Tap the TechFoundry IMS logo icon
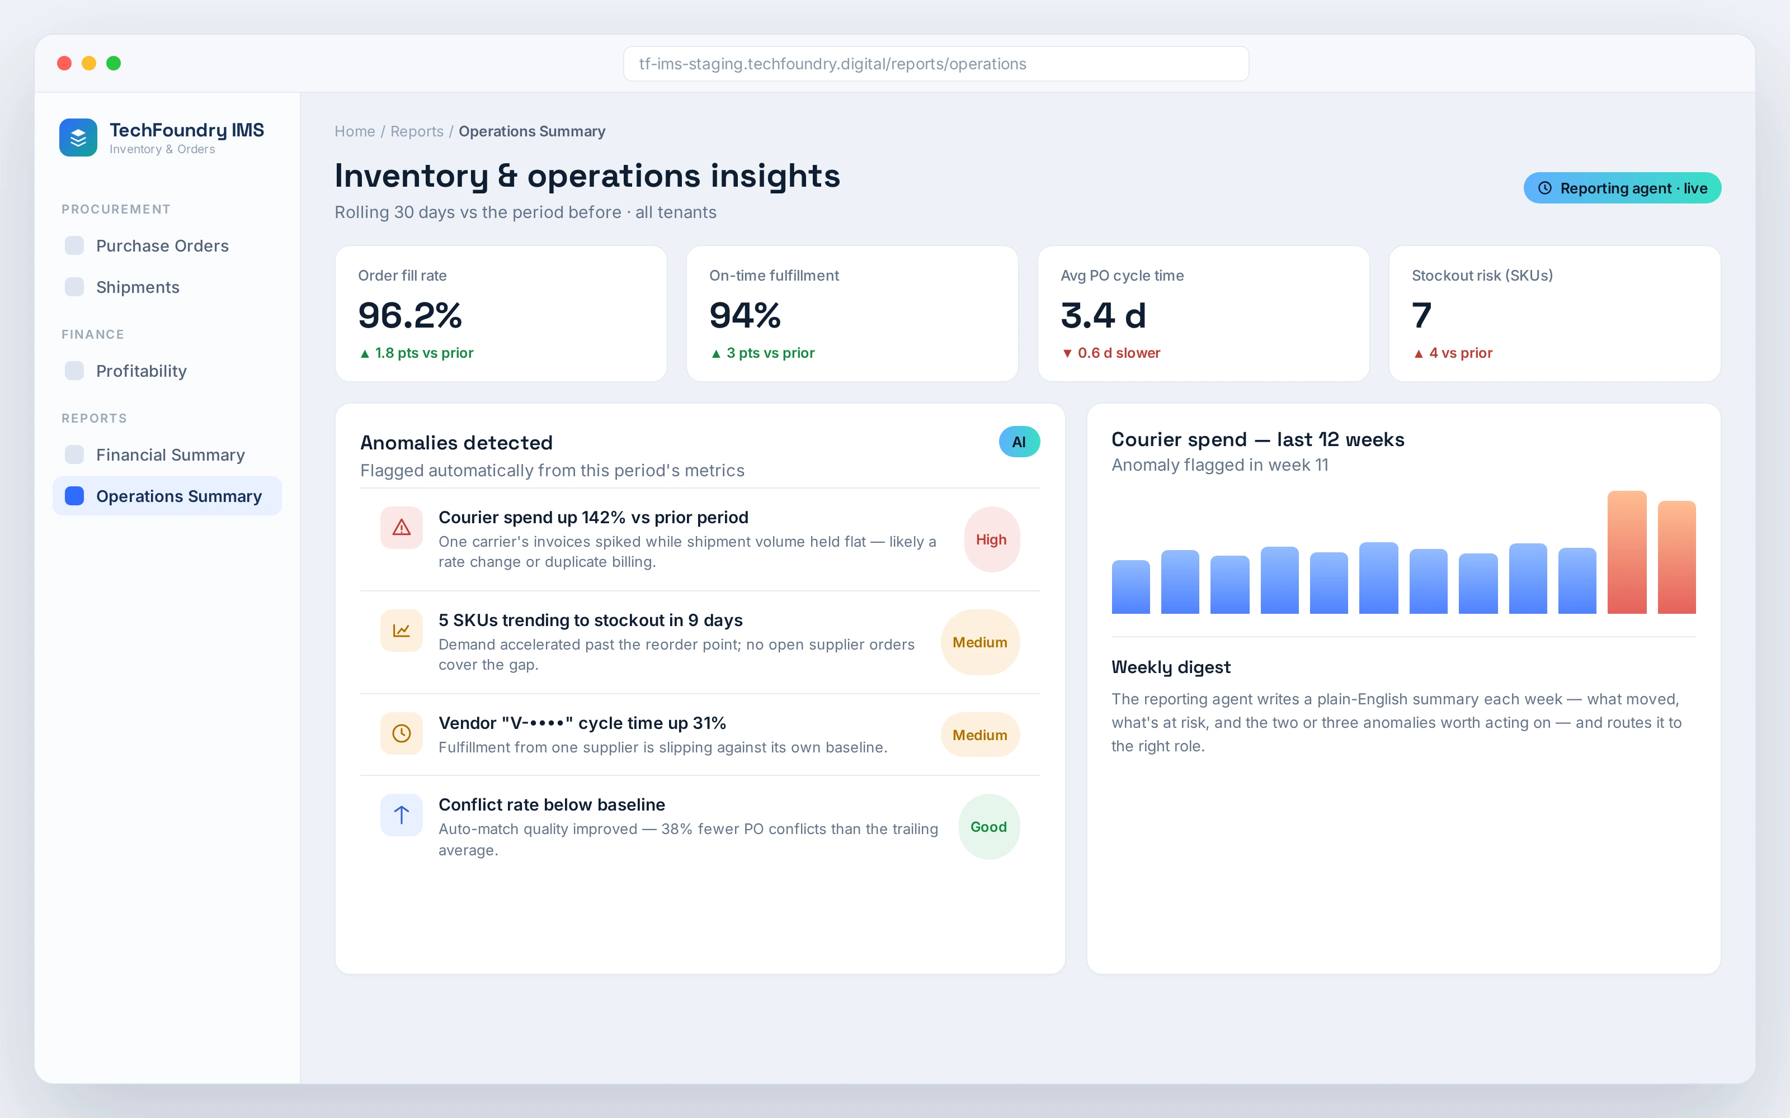pos(78,138)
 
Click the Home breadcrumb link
pos(354,131)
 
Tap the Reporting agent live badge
pos(1622,188)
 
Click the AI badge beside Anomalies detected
pos(1019,442)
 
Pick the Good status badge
pos(989,827)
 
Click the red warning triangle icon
pos(402,527)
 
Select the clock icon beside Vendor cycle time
pos(402,733)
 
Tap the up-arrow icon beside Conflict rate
pos(402,815)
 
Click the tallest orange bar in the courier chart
pos(1627,552)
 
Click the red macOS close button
pos(64,64)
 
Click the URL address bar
pos(936,64)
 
